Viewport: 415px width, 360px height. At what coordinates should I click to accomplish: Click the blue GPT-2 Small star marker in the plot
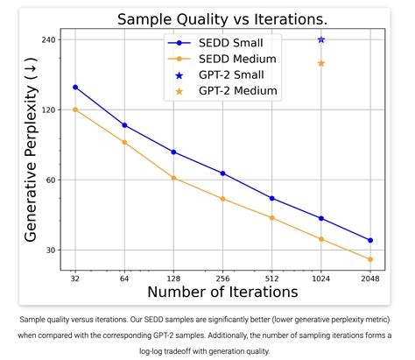coord(321,39)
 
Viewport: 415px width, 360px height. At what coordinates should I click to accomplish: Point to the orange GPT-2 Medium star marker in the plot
coord(321,63)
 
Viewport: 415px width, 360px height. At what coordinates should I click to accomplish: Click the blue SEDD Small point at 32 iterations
coord(75,87)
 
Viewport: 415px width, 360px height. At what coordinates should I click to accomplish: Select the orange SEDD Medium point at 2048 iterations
coord(370,259)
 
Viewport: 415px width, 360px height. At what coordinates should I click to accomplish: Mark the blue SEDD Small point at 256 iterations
coord(223,173)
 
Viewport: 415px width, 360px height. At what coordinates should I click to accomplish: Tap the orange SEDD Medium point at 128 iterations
coord(173,178)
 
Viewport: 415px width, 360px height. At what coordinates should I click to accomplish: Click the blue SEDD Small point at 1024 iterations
coord(321,218)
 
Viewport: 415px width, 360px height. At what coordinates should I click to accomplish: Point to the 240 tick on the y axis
coord(48,40)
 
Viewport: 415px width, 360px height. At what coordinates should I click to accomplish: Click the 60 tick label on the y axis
coord(50,180)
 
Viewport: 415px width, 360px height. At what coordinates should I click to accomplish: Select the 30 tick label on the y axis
coord(50,251)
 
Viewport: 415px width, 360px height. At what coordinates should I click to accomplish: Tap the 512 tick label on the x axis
coord(272,279)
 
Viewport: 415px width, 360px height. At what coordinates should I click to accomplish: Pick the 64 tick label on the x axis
coord(124,279)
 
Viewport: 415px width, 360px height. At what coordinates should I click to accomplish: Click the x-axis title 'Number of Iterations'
coord(222,293)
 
